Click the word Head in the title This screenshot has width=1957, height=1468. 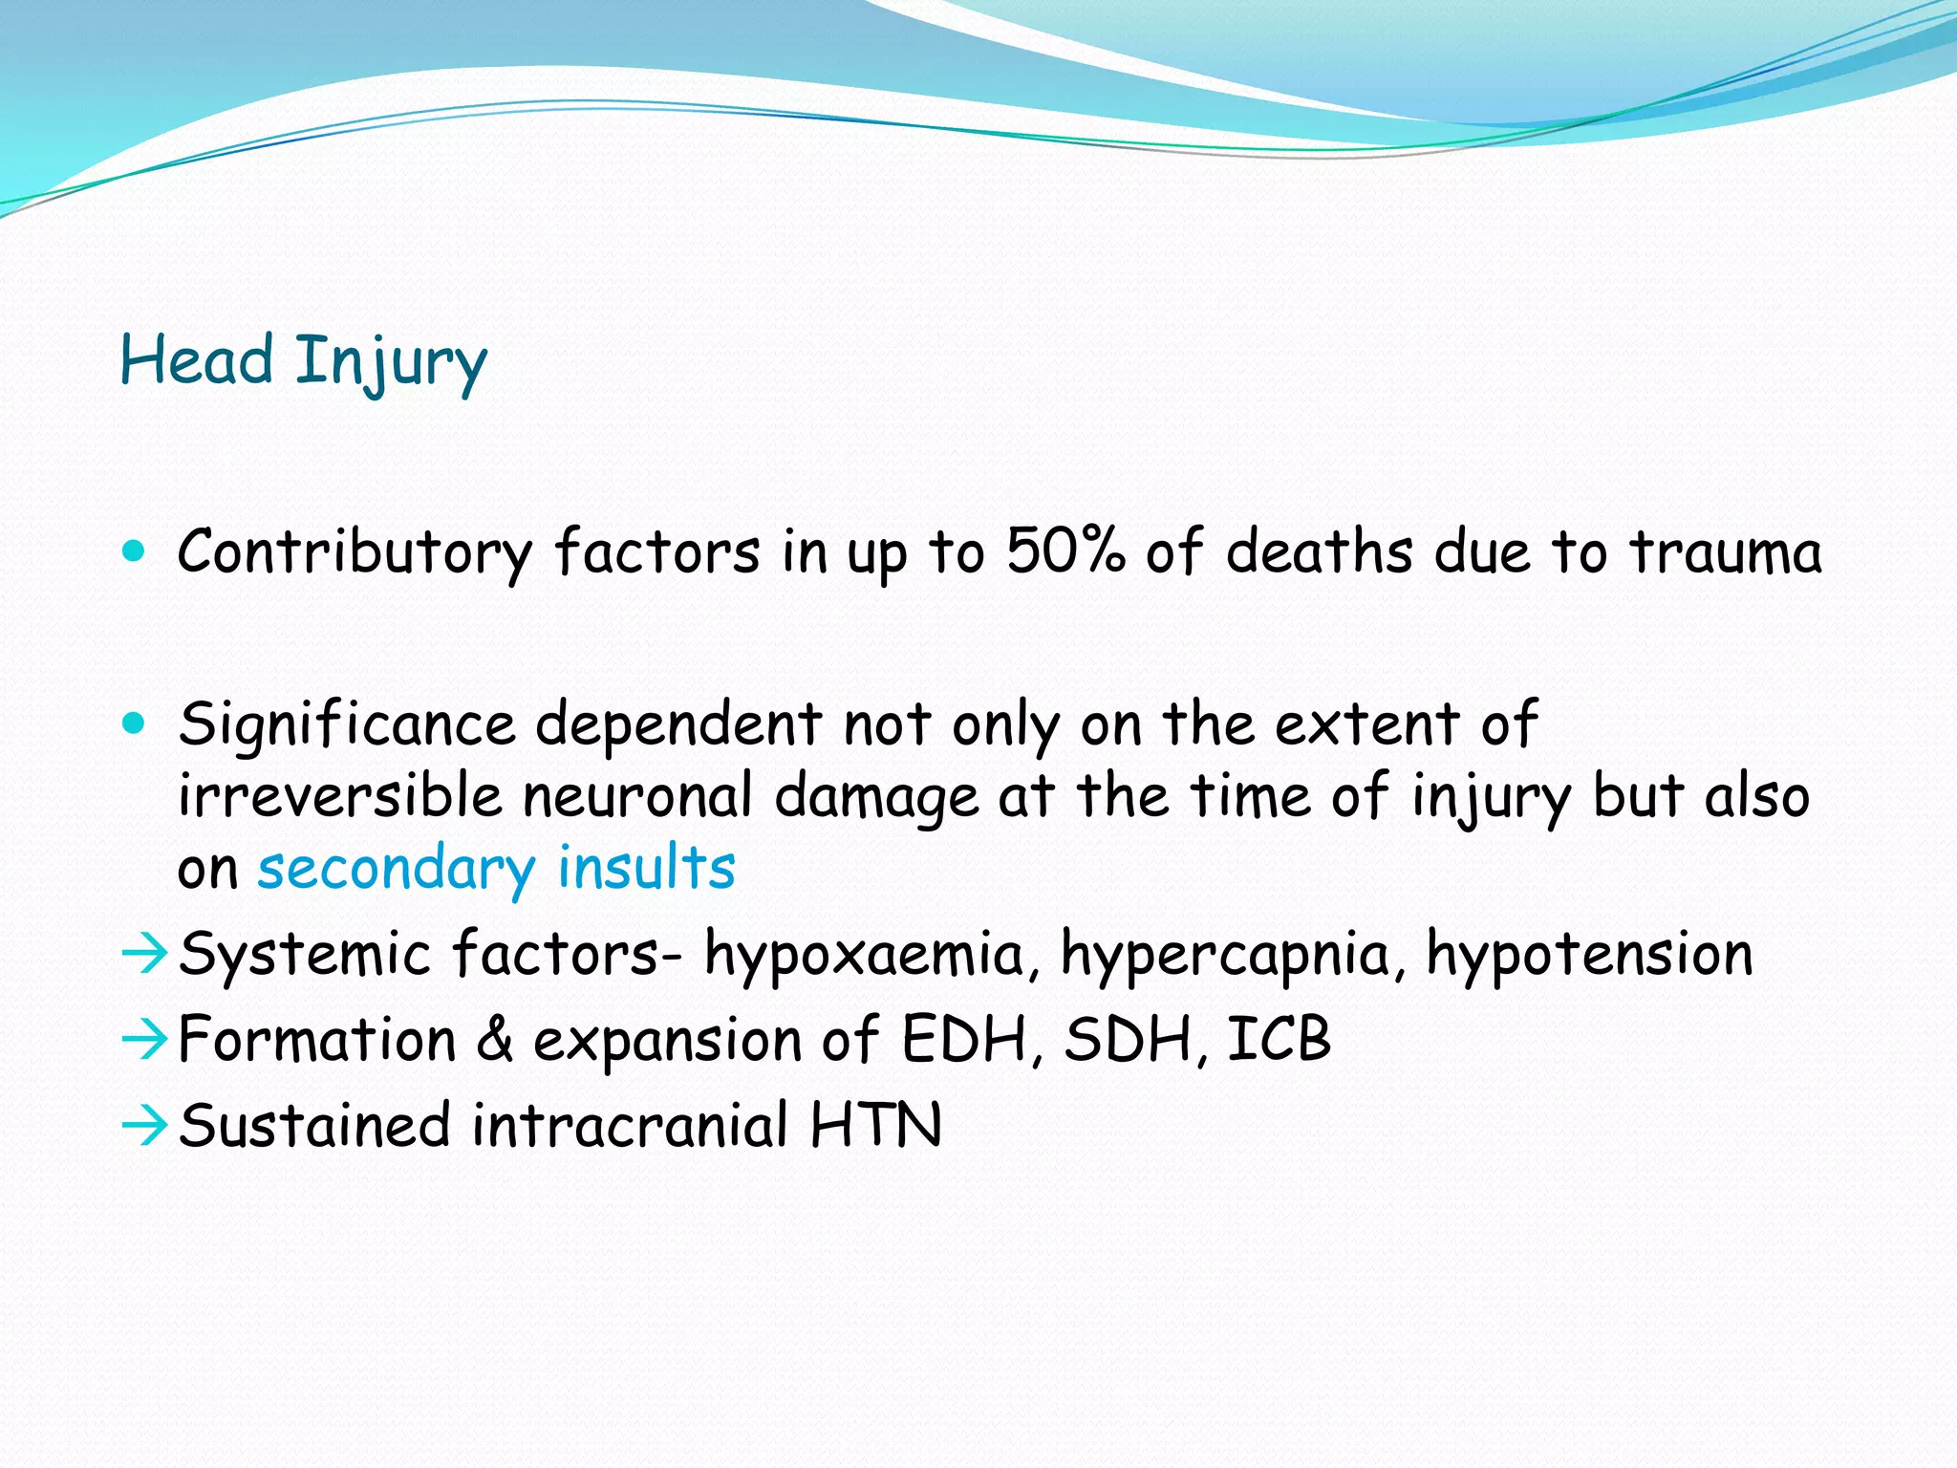tap(196, 361)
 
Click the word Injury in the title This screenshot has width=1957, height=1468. tap(390, 363)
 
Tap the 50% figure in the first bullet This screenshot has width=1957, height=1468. tap(1065, 552)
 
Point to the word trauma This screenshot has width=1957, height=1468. tap(1725, 552)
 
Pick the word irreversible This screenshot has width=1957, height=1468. tap(339, 795)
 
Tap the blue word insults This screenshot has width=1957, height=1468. tap(646, 868)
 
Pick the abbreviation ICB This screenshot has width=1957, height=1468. tap(1279, 1040)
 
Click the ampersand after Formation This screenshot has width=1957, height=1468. tap(495, 1040)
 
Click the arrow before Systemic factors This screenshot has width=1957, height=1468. tap(145, 955)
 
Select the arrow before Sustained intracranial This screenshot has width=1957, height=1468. tap(145, 1126)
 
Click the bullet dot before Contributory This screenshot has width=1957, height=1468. tap(135, 551)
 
